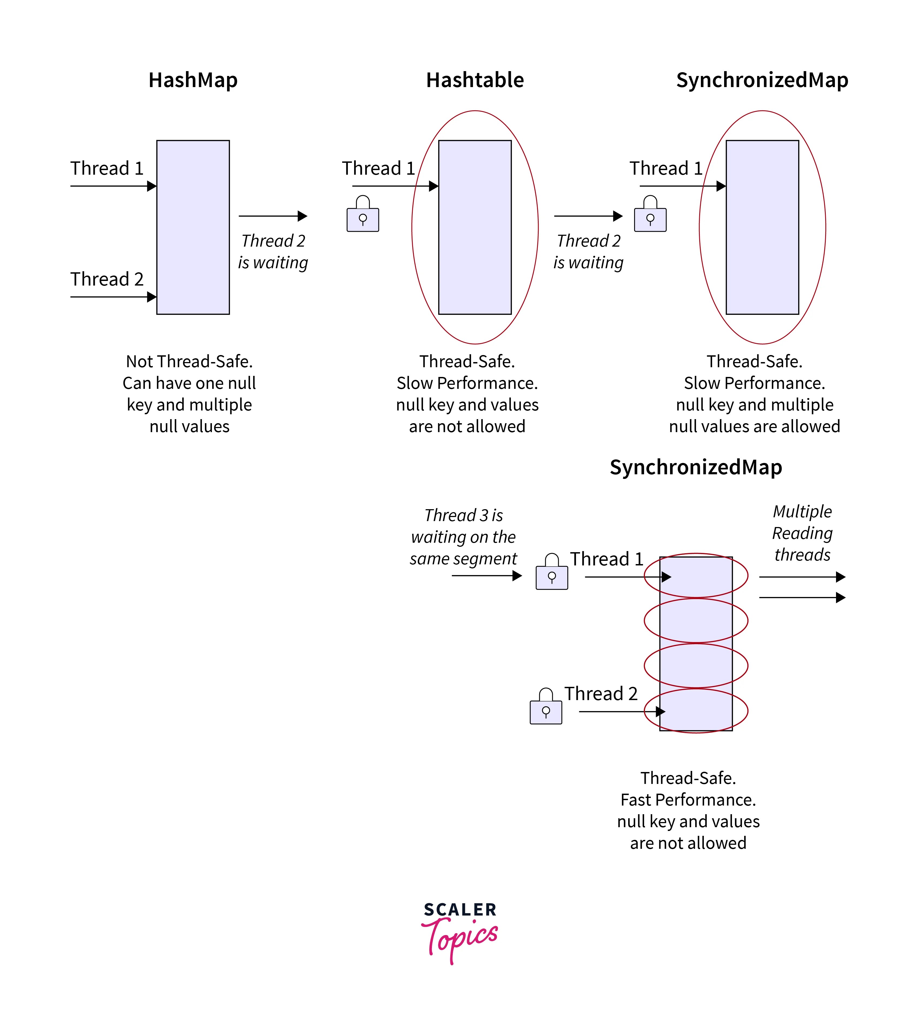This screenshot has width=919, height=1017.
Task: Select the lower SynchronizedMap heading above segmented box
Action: point(695,467)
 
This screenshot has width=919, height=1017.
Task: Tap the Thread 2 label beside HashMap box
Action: point(107,279)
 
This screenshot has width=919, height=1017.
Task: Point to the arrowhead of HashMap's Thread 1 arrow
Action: point(152,186)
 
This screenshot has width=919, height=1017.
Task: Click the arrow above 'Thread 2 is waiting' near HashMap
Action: point(273,216)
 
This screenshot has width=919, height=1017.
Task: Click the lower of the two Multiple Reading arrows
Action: point(802,597)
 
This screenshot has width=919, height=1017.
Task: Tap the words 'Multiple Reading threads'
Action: point(802,533)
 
